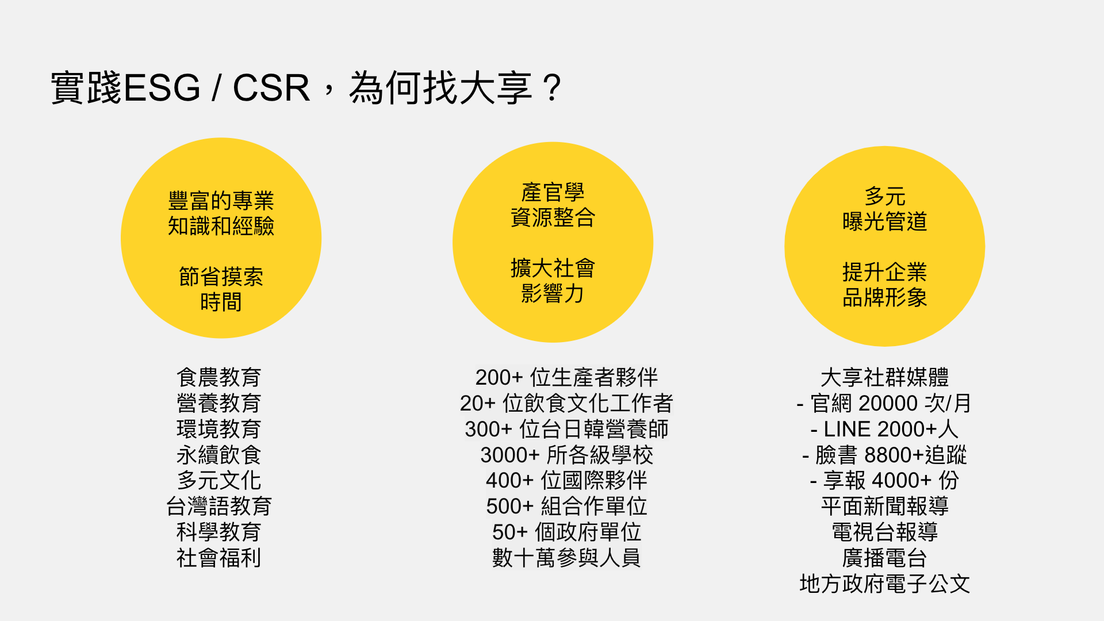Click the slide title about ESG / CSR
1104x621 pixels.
click(306, 88)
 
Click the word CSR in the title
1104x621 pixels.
click(271, 88)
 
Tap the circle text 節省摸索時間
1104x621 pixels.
click(221, 289)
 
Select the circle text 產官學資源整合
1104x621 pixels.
click(553, 205)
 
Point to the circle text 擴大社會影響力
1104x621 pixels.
click(553, 281)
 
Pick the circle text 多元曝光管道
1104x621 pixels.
click(884, 209)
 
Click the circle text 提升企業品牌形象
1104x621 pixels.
click(884, 285)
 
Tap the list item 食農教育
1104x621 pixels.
click(219, 378)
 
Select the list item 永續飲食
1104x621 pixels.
click(219, 455)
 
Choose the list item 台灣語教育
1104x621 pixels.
click(219, 507)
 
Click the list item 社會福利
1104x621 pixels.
click(219, 558)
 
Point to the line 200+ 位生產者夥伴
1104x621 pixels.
click(566, 378)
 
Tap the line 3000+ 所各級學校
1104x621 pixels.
click(566, 455)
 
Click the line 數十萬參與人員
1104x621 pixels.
click(566, 558)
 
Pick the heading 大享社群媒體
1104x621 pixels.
click(884, 378)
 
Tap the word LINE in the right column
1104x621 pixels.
click(847, 430)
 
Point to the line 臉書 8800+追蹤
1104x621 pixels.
click(884, 455)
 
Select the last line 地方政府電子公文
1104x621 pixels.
click(884, 584)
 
